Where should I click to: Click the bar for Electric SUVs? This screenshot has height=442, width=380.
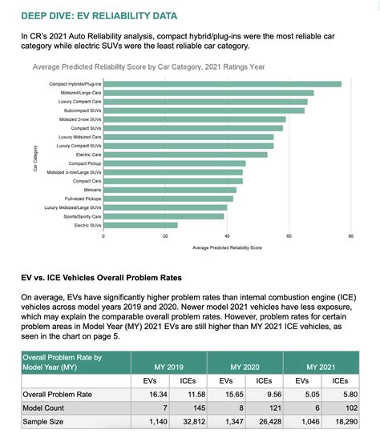pyautogui.click(x=141, y=226)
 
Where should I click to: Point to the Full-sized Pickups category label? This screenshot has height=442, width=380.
pyautogui.click(x=84, y=199)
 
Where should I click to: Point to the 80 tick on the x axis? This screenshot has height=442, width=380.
pyautogui.click(x=350, y=237)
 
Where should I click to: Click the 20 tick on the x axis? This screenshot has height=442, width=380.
pyautogui.click(x=165, y=237)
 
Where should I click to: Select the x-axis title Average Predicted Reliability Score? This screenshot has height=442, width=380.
pyautogui.click(x=227, y=248)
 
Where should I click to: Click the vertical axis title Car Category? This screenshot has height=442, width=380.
pyautogui.click(x=35, y=156)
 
